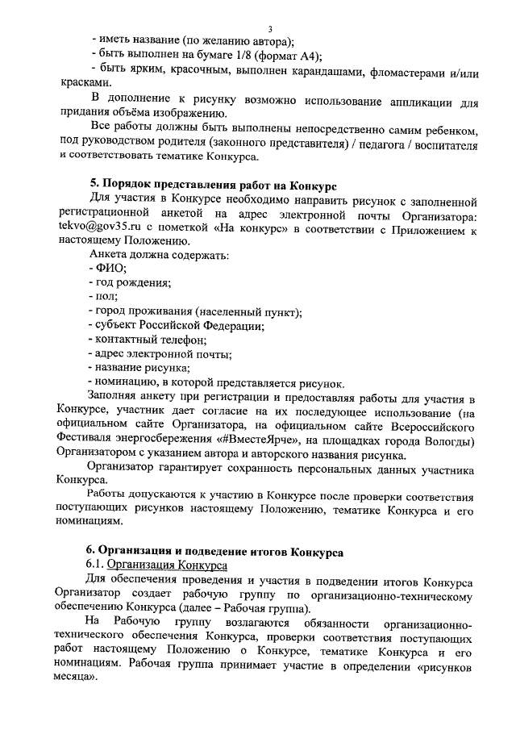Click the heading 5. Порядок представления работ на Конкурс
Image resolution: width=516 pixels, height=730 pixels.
pyautogui.click(x=218, y=186)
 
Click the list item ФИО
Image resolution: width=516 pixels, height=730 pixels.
pyautogui.click(x=105, y=269)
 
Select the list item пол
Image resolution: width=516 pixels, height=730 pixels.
pyautogui.click(x=105, y=298)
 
